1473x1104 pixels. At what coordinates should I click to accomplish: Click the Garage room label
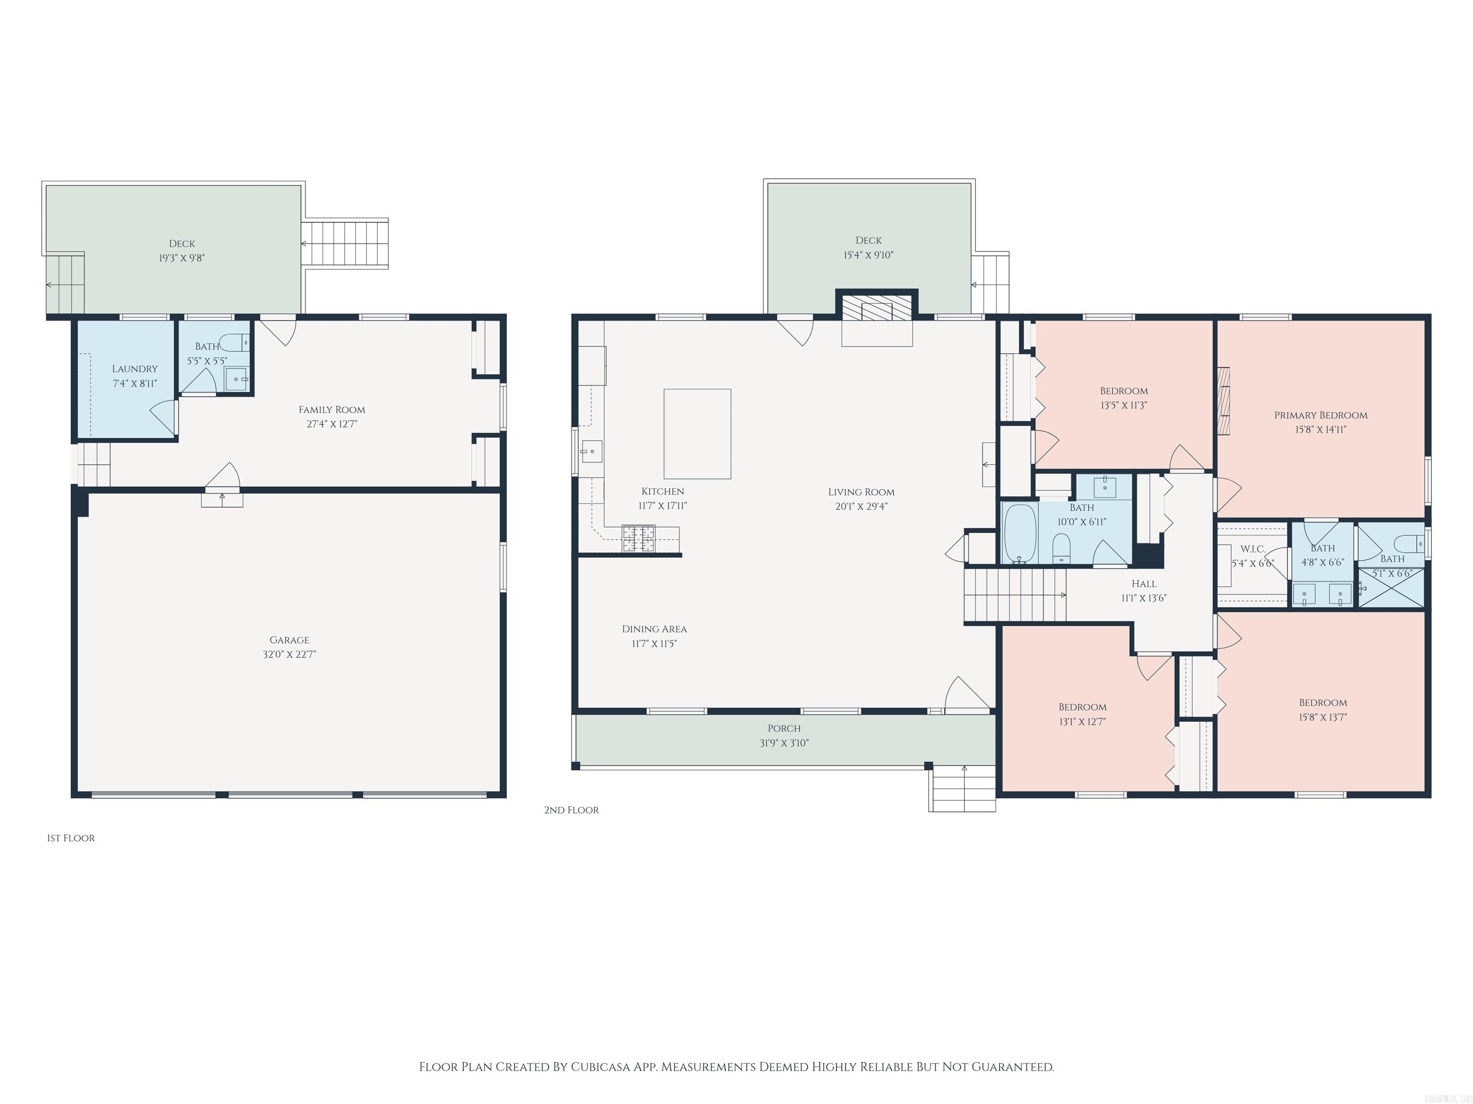click(x=289, y=640)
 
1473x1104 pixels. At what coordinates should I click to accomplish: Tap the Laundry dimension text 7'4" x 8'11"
click(x=135, y=383)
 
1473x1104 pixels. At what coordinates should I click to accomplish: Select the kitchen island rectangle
click(x=697, y=434)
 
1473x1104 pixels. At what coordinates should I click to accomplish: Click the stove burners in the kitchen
click(x=639, y=539)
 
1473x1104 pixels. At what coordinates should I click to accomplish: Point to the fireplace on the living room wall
click(x=877, y=311)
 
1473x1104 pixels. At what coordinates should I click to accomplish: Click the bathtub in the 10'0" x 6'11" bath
click(x=1019, y=533)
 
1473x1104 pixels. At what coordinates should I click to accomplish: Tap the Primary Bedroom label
click(x=1321, y=414)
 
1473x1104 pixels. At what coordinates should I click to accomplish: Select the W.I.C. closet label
click(x=1252, y=549)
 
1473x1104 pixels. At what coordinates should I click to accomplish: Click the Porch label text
click(x=784, y=728)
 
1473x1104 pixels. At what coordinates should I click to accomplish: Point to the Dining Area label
click(x=654, y=629)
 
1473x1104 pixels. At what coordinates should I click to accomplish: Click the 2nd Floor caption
click(x=572, y=810)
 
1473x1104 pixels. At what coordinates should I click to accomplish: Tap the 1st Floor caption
click(x=70, y=838)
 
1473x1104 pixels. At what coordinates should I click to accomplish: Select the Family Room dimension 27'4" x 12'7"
click(x=332, y=424)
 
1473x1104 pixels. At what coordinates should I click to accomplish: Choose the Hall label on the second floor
click(x=1144, y=584)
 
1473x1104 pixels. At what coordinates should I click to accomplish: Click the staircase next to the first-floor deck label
click(x=344, y=243)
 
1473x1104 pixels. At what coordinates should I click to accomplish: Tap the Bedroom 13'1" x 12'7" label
click(x=1082, y=707)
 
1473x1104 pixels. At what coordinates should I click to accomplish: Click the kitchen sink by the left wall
click(x=591, y=452)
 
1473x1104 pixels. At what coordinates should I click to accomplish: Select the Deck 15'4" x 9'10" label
click(x=868, y=240)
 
